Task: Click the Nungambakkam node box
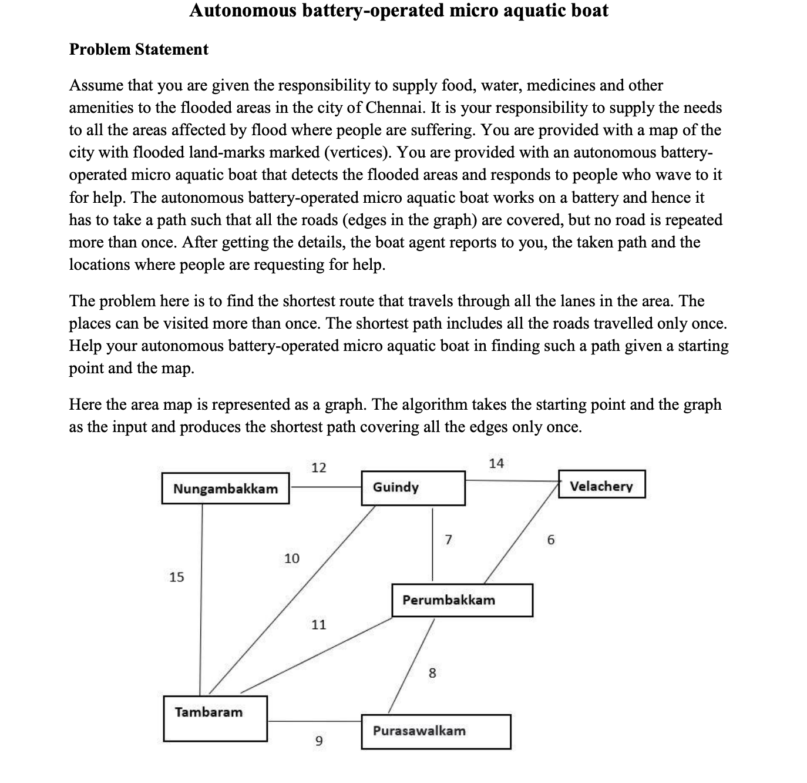point(226,488)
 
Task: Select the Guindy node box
point(413,487)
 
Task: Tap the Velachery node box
point(601,484)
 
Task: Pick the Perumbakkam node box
point(462,600)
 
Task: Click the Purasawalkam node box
point(436,731)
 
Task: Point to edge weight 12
point(318,468)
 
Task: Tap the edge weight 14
point(496,463)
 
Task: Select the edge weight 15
point(176,577)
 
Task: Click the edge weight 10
point(291,558)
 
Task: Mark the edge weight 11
point(318,625)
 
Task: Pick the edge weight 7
point(448,540)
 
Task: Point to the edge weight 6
point(550,540)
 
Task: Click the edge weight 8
point(432,673)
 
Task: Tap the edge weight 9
point(318,741)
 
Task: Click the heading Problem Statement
point(139,49)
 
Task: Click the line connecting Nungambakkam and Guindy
point(326,487)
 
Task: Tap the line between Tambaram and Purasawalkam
point(314,721)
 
